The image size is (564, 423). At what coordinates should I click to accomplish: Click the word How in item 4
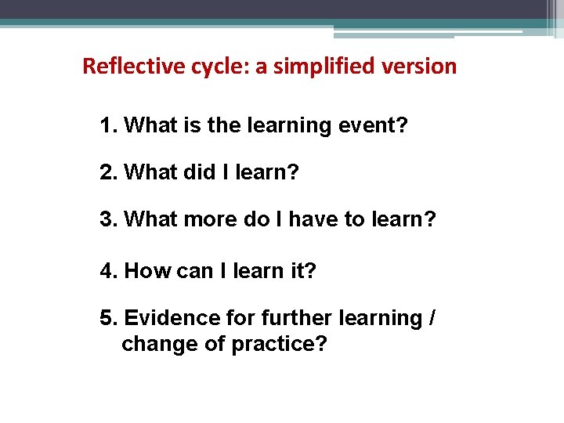tap(143, 271)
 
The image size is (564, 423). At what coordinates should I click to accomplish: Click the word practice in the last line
tap(278, 344)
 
